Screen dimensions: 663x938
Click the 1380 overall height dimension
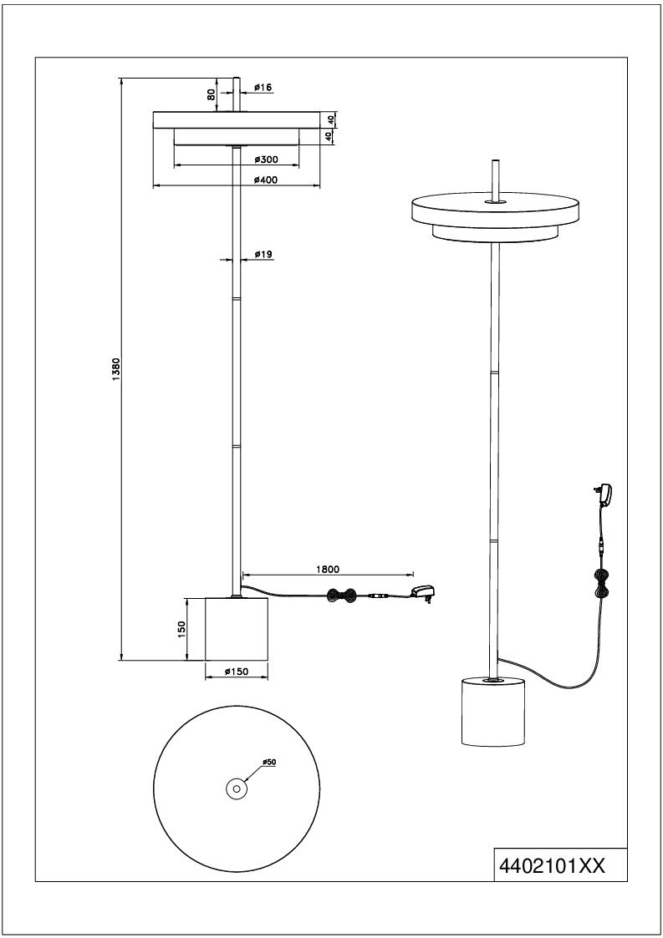point(117,369)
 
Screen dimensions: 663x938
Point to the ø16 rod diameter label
point(263,88)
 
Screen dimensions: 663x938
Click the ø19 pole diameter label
point(263,254)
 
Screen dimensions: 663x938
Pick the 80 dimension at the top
point(211,94)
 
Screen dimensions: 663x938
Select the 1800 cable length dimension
point(328,569)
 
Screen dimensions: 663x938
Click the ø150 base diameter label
point(237,672)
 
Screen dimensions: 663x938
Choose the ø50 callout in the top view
point(269,762)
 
